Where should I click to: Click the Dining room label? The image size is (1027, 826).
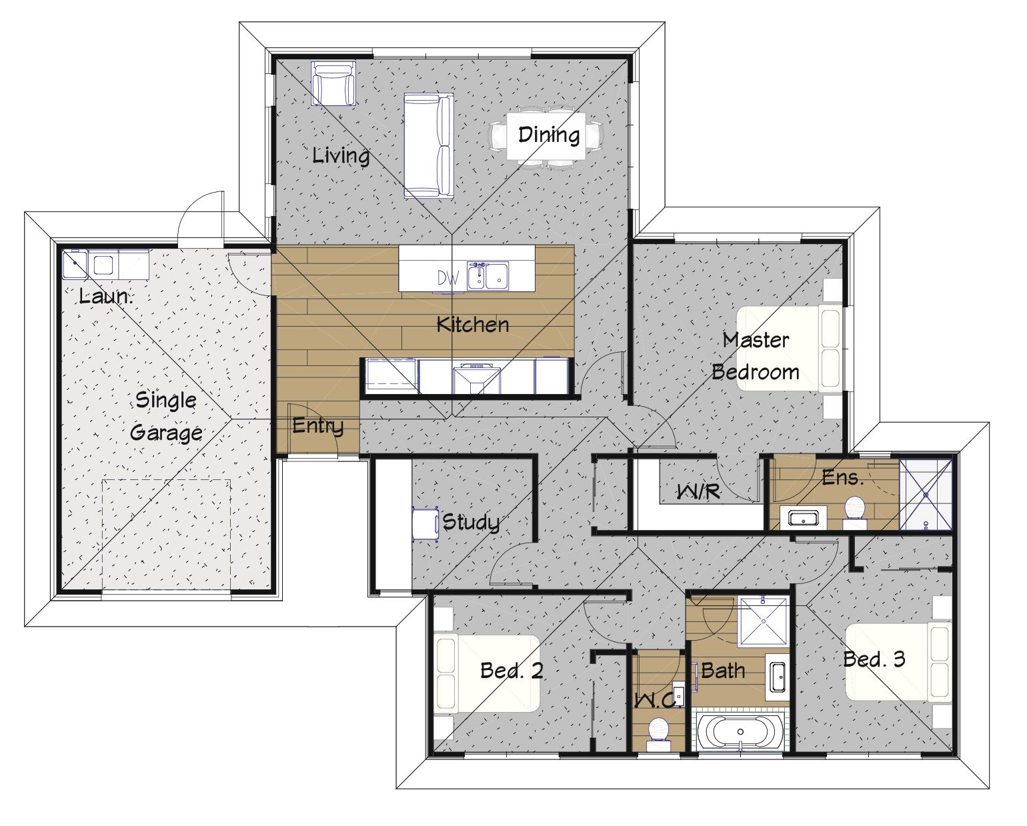549,135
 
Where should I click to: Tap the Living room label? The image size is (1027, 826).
341,155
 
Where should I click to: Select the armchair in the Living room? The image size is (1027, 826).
333,83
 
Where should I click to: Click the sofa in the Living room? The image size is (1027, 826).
428,145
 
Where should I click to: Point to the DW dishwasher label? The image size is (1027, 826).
448,278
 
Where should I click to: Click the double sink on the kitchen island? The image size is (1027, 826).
487,276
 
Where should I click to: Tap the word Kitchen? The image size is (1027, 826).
472,325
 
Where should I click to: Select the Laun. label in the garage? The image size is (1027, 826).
105,296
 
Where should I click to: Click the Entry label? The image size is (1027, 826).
318,425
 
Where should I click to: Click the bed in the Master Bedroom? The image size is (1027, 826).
790,349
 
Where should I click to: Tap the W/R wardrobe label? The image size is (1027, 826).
699,491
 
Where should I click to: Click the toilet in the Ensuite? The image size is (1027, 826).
855,513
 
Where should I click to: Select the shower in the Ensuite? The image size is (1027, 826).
926,495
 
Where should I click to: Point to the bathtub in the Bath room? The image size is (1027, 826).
740,731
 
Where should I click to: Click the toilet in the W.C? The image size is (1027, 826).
659,734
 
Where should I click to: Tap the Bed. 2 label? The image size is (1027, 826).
511,671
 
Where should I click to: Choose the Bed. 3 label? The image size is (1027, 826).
874,659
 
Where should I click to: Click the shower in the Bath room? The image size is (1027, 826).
763,621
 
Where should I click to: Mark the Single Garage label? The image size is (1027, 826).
166,416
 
